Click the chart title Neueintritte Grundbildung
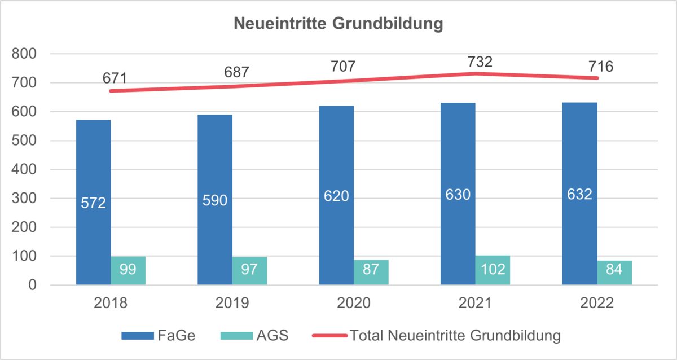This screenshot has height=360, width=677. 338,24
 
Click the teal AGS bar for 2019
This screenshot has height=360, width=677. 249,271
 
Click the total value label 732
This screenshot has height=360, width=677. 480,62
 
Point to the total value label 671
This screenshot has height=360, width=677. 115,78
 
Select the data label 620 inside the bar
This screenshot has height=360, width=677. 336,196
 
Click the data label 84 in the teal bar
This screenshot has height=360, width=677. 614,269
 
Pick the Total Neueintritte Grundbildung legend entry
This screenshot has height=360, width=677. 437,335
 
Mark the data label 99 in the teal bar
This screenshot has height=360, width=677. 128,269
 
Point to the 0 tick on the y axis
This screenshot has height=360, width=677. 33,286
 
